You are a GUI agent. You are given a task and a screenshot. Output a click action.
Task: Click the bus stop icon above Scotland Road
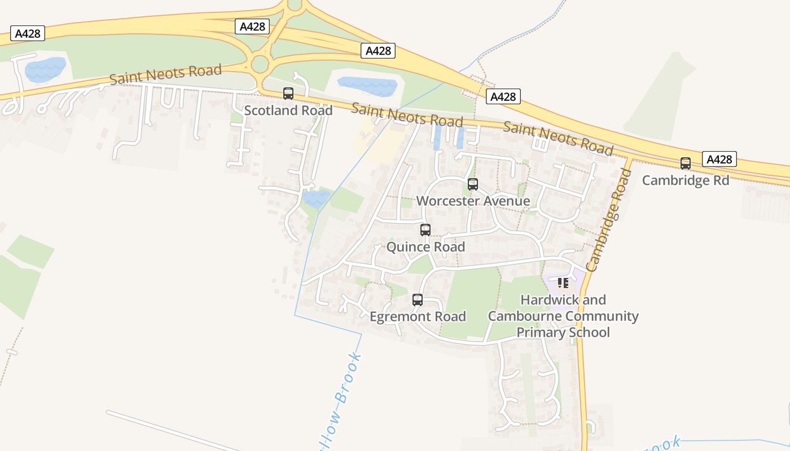tap(288, 94)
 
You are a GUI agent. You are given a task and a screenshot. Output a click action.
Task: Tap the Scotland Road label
tap(288, 110)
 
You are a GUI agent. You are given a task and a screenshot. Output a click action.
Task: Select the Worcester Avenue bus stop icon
tap(473, 184)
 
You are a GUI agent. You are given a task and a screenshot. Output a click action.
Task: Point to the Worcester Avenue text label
tap(473, 201)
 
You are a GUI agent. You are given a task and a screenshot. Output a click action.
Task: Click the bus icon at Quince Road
tap(425, 230)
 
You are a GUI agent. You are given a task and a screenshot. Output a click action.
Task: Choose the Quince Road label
tap(425, 247)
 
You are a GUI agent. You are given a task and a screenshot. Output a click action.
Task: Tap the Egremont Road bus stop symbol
tap(418, 300)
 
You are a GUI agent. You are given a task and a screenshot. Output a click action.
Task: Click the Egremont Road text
tap(418, 317)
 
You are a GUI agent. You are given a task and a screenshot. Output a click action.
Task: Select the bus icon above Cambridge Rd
tap(686, 163)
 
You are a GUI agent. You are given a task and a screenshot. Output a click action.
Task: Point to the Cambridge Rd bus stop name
tap(686, 180)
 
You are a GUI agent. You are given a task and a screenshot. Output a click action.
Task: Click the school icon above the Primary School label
tap(563, 282)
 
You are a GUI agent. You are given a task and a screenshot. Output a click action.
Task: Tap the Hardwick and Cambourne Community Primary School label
tap(563, 316)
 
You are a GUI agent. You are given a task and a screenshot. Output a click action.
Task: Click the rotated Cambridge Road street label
tap(609, 220)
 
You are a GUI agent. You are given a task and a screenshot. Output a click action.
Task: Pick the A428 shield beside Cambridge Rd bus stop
tap(719, 160)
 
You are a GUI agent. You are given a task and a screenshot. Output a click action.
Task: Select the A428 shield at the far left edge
tap(27, 34)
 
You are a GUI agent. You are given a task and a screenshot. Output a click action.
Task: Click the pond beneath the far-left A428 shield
tap(45, 69)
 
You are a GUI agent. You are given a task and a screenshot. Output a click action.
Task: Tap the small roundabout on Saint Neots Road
tap(260, 64)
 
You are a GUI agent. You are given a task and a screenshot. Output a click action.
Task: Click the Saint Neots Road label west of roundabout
tap(165, 74)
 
